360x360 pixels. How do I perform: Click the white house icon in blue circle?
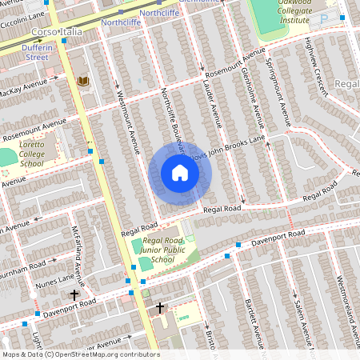[x=180, y=173]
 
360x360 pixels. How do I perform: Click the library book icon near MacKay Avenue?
[x=83, y=81]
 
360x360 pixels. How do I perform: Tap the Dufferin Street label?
[x=42, y=52]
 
